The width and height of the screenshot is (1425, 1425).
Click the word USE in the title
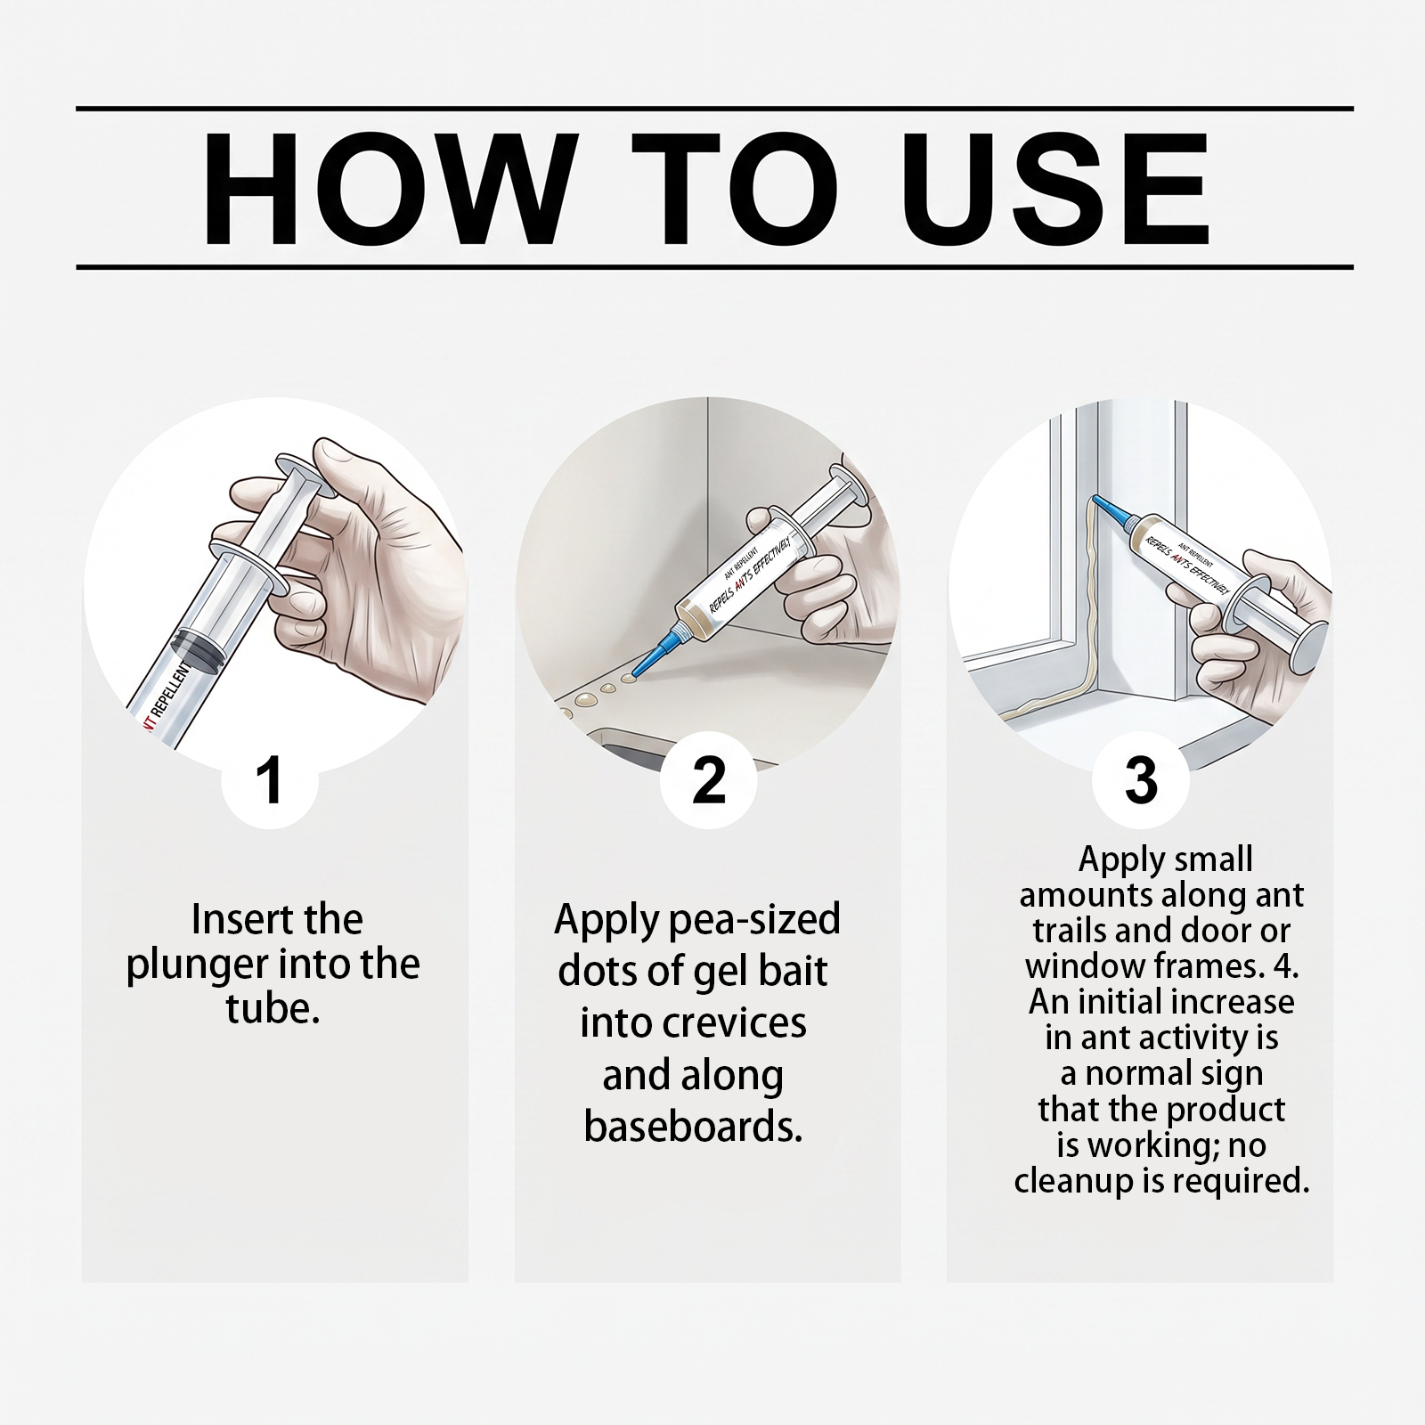pyautogui.click(x=1061, y=191)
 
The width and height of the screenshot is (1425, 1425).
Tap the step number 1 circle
pyautogui.click(x=268, y=780)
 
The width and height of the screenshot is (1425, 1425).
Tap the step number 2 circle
pyautogui.click(x=708, y=780)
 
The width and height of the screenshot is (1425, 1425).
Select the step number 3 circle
pyautogui.click(x=1141, y=780)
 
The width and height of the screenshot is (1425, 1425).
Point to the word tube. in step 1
pyautogui.click(x=273, y=1010)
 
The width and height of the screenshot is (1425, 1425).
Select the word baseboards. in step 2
pyautogui.click(x=694, y=1127)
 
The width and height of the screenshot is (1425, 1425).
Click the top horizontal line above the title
pyautogui.click(x=714, y=109)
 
